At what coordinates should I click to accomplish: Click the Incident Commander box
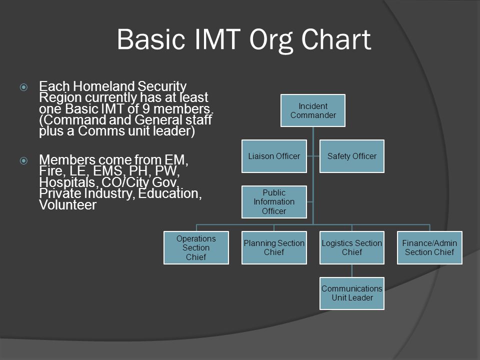coord(313,110)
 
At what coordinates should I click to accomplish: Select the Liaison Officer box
coord(274,156)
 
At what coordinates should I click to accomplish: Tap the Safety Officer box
coord(351,156)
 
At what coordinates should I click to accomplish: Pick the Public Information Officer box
coord(274,201)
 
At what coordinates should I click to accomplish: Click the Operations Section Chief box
coord(196,247)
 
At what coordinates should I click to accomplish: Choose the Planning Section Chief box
coord(274,247)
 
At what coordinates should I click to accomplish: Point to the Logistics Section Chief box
coord(351,247)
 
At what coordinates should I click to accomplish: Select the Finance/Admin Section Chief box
coord(429,247)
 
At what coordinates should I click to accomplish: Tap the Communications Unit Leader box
coord(351,293)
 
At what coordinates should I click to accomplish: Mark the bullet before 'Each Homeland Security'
coord(23,87)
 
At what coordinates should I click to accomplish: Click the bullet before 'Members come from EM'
coord(23,160)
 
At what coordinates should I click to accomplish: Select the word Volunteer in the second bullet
coord(67,205)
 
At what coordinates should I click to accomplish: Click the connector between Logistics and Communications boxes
coord(351,270)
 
